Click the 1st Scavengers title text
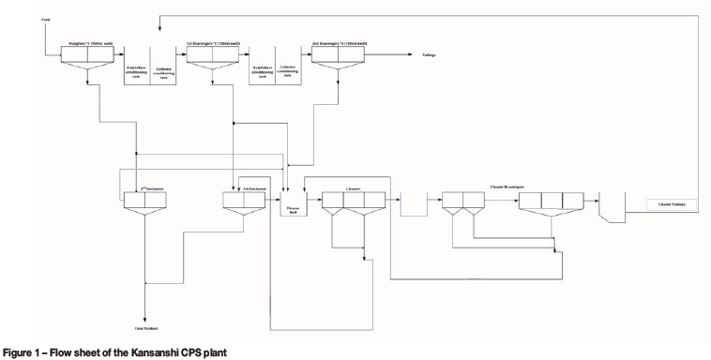(214, 43)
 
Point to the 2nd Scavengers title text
(338, 43)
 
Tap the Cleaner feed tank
(293, 204)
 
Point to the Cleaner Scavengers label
(510, 187)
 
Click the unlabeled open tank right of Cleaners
(413, 204)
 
